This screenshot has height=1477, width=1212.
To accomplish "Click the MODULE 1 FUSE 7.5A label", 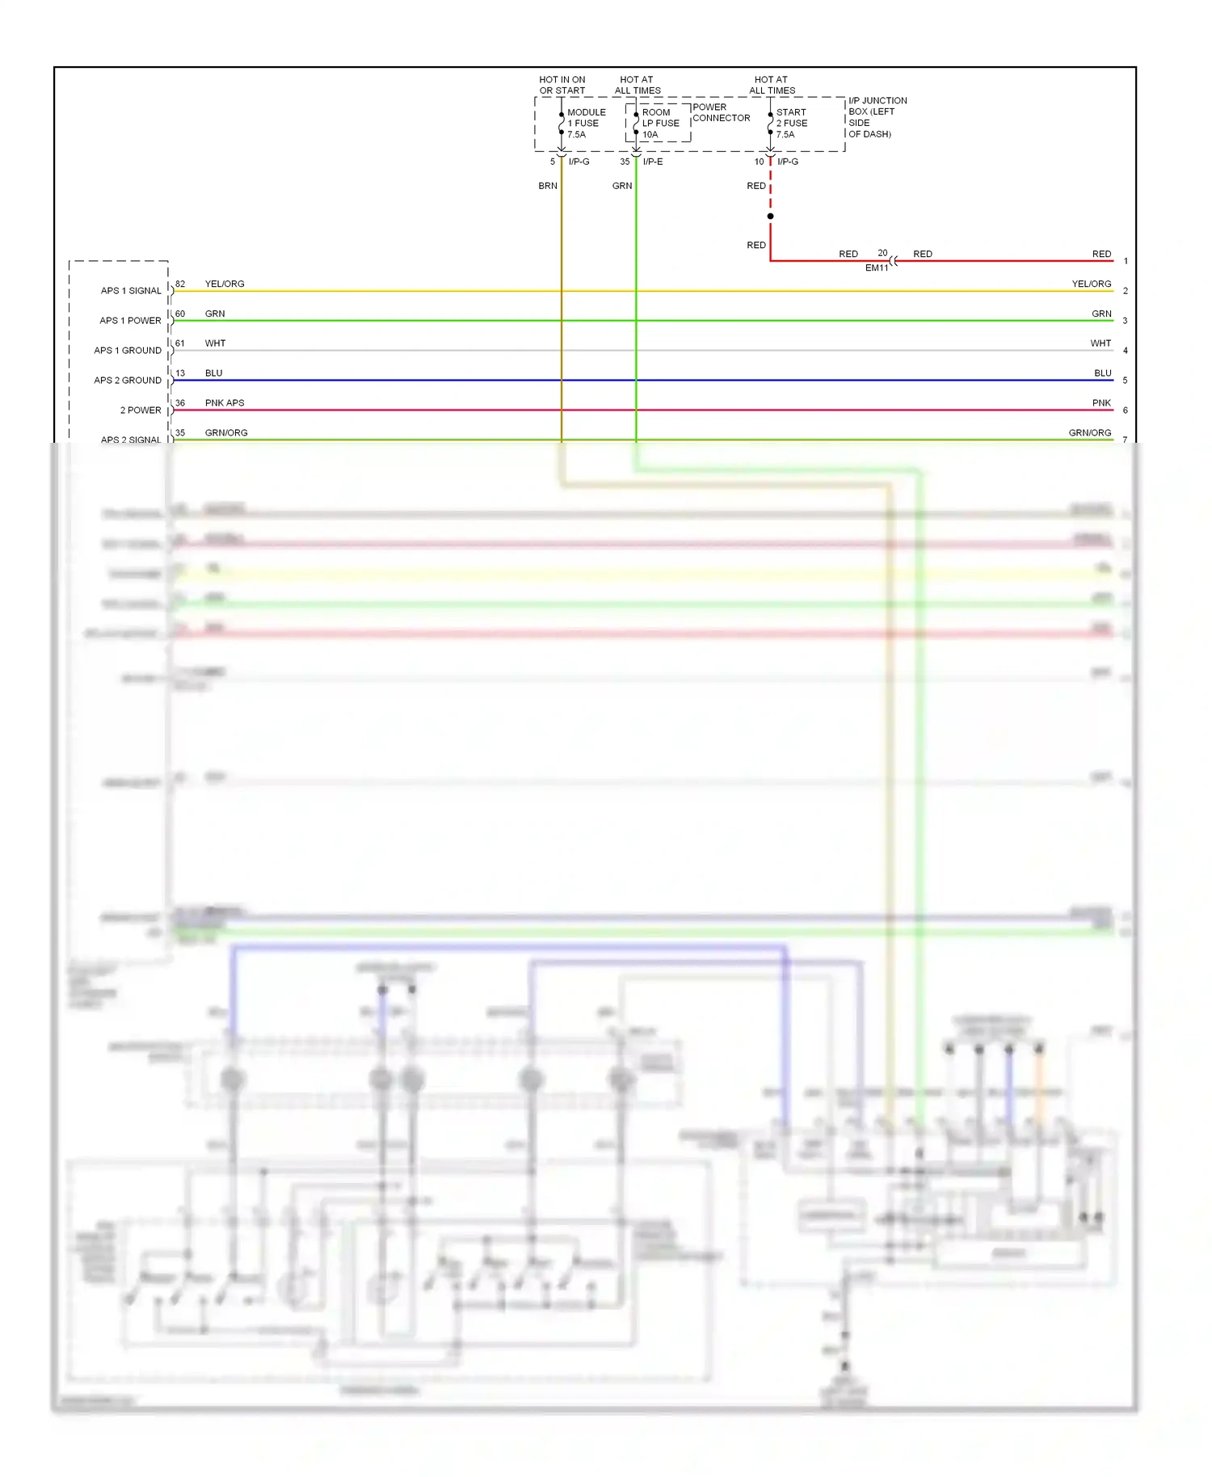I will pos(585,124).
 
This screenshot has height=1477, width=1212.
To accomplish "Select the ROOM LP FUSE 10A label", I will pos(660,124).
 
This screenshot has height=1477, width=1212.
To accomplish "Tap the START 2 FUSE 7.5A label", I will pos(791,124).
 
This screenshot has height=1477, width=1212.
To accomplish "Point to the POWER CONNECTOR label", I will pos(721,112).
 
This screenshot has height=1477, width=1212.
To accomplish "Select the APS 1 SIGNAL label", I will pos(131,291).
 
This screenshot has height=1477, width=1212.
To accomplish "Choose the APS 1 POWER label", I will pos(130,321).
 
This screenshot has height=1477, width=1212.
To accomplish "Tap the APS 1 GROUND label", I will pos(128,351).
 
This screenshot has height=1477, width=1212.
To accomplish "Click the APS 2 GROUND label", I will pos(128,381).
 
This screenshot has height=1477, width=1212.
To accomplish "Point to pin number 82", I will pos(180,284).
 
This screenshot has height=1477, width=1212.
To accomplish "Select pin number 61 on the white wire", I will pos(180,343).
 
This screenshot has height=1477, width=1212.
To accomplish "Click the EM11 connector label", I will pos(876,267).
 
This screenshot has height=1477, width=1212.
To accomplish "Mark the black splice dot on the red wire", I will pos(770,217).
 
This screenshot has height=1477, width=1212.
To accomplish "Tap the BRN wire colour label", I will pos(548,186).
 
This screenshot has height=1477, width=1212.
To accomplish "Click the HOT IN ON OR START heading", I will pos(562,85).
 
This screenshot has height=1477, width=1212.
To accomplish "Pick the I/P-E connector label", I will pos(653,162).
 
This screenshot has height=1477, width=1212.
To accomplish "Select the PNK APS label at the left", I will pos(225,403).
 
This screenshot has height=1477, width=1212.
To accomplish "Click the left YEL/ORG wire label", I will pos(225,284).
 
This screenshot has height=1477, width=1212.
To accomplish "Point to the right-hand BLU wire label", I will pos(1102,373).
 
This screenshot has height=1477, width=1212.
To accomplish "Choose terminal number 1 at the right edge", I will pos(1126,261).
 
